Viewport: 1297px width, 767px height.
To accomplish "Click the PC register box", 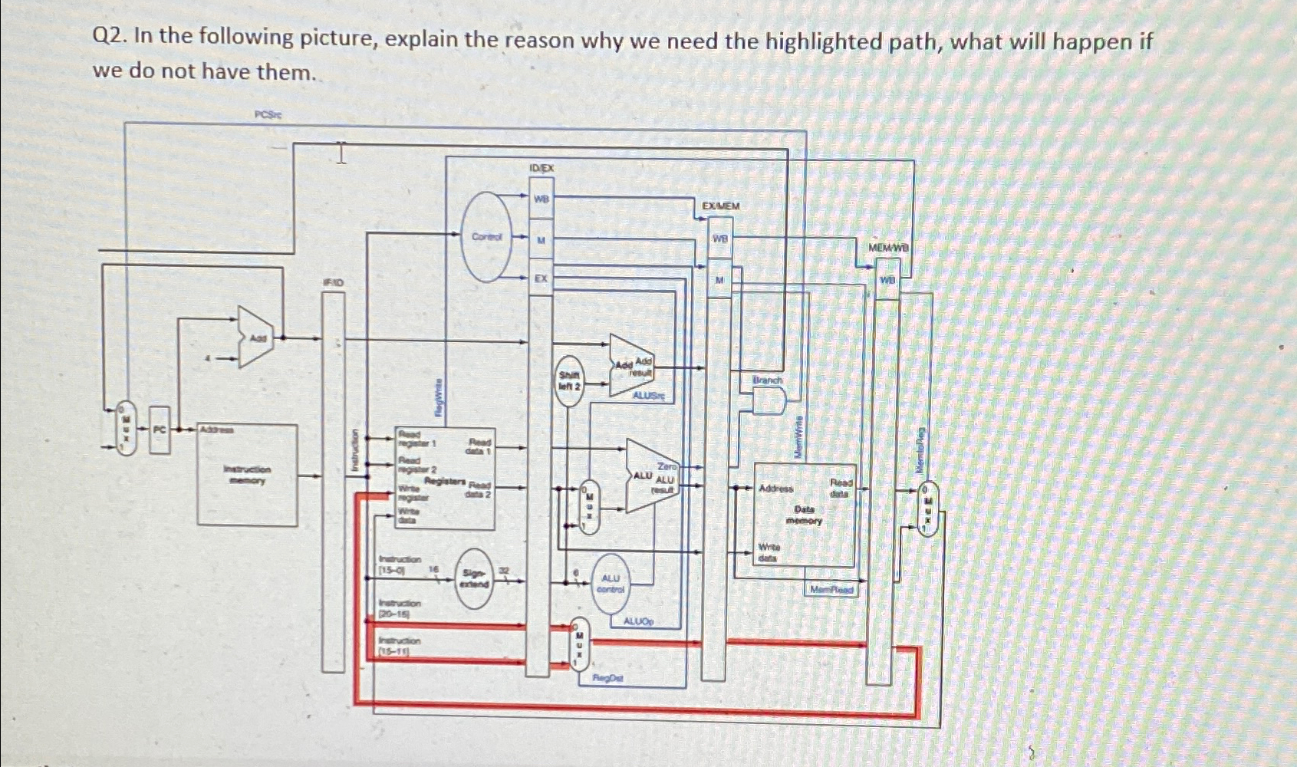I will click(159, 430).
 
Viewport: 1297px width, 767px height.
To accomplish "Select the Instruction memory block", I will click(247, 475).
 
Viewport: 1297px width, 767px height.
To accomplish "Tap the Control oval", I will click(487, 237).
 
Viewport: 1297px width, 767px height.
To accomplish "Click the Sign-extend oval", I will click(475, 579).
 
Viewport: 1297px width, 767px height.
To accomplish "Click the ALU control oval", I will click(611, 584).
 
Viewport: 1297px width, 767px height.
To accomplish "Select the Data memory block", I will click(805, 514).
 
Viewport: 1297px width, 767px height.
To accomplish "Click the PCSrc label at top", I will click(268, 114).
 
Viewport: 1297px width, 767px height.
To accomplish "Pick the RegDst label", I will click(608, 679).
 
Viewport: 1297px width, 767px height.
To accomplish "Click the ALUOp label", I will click(638, 622).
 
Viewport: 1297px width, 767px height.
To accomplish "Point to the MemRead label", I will click(831, 589).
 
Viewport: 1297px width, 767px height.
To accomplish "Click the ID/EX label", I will click(541, 167).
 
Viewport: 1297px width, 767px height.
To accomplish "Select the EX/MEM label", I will click(721, 206).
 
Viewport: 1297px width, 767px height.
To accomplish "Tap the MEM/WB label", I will click(887, 248).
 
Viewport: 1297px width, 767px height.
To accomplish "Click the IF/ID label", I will click(333, 282).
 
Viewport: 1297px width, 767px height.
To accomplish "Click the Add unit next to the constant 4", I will click(256, 337).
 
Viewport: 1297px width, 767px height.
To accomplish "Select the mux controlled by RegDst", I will click(580, 644).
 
